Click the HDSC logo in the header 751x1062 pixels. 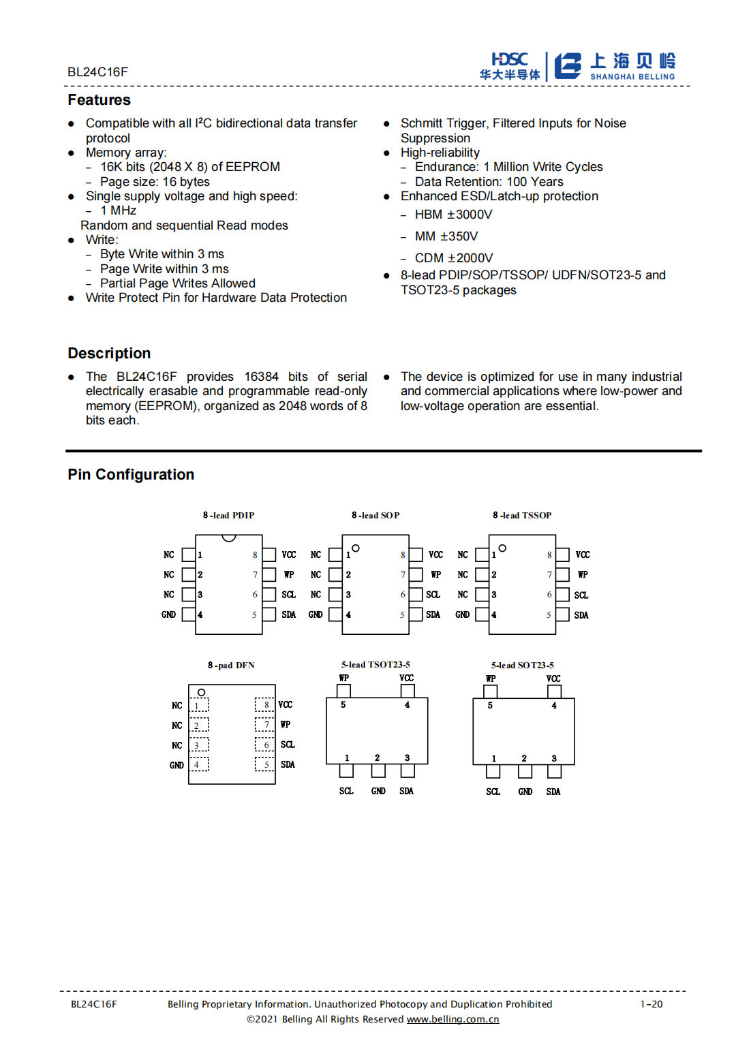click(510, 66)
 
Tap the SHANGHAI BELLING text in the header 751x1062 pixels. click(632, 77)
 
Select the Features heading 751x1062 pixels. click(99, 100)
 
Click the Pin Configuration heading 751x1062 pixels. click(131, 475)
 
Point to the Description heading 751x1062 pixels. click(109, 354)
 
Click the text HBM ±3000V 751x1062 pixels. click(453, 215)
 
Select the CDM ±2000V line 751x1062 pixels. click(454, 258)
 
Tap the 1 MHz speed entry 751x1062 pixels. click(118, 210)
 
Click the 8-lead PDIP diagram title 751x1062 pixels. click(228, 516)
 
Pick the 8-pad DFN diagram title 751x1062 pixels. click(231, 666)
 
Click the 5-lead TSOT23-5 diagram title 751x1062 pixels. click(375, 665)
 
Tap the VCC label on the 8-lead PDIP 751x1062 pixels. click(289, 555)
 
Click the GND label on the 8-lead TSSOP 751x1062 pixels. click(462, 615)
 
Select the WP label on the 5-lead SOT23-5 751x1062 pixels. click(491, 679)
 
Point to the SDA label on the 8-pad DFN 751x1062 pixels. click(288, 765)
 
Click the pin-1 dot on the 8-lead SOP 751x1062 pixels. click(356, 548)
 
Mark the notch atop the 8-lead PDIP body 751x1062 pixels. click(229, 538)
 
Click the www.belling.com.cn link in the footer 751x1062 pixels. click(453, 1020)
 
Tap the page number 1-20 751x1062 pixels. click(651, 1004)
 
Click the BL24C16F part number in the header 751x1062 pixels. click(97, 72)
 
